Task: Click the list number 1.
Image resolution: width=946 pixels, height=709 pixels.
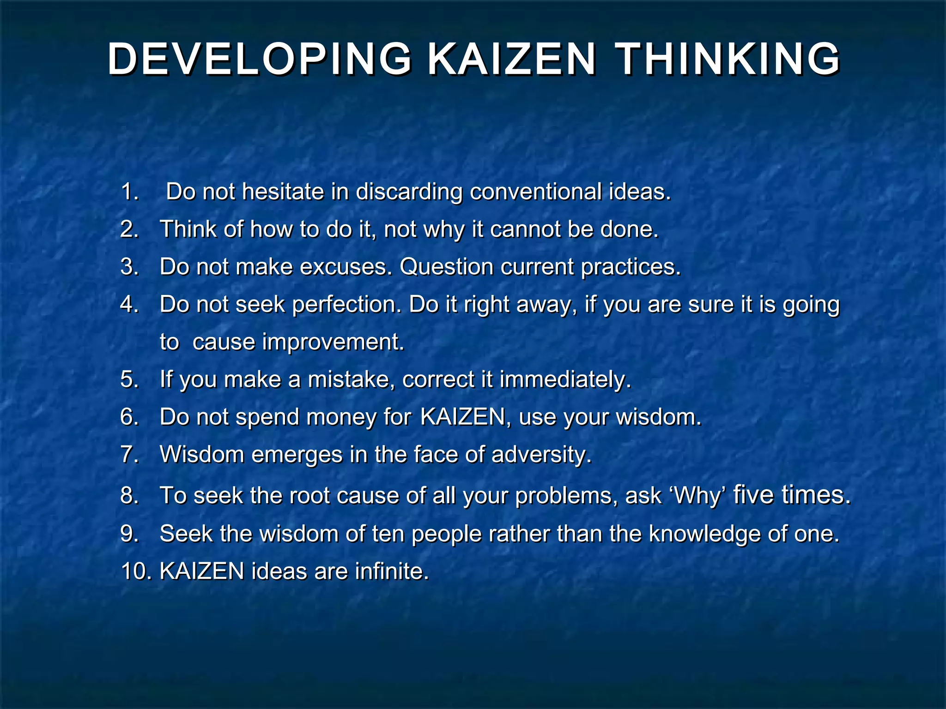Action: point(129,192)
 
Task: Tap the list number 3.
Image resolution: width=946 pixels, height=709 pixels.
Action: point(129,267)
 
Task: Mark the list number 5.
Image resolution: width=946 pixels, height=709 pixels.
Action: point(129,379)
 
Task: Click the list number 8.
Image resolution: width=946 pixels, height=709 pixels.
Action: point(129,496)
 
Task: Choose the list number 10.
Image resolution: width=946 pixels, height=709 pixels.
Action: point(136,571)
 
